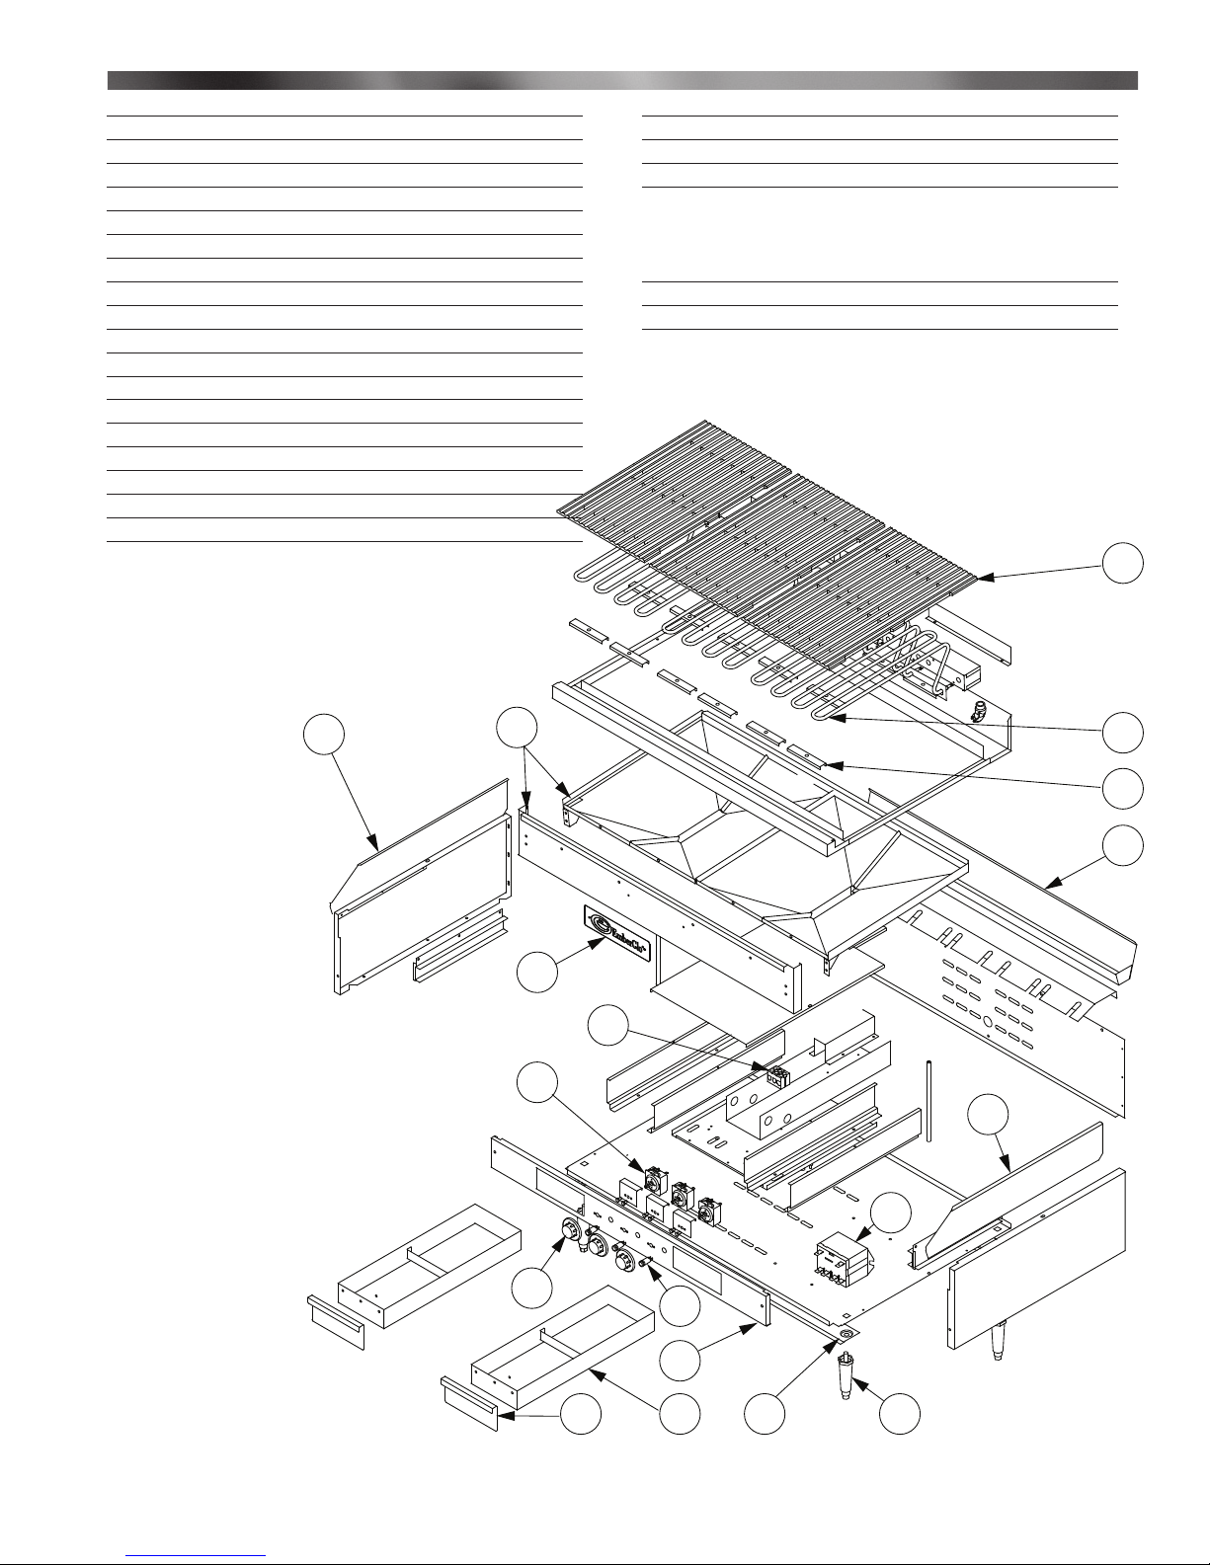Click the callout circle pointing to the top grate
(x=1124, y=561)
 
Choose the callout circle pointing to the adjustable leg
(x=900, y=1414)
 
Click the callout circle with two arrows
(x=517, y=726)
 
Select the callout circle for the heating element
(x=1124, y=732)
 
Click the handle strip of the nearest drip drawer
(x=471, y=1404)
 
